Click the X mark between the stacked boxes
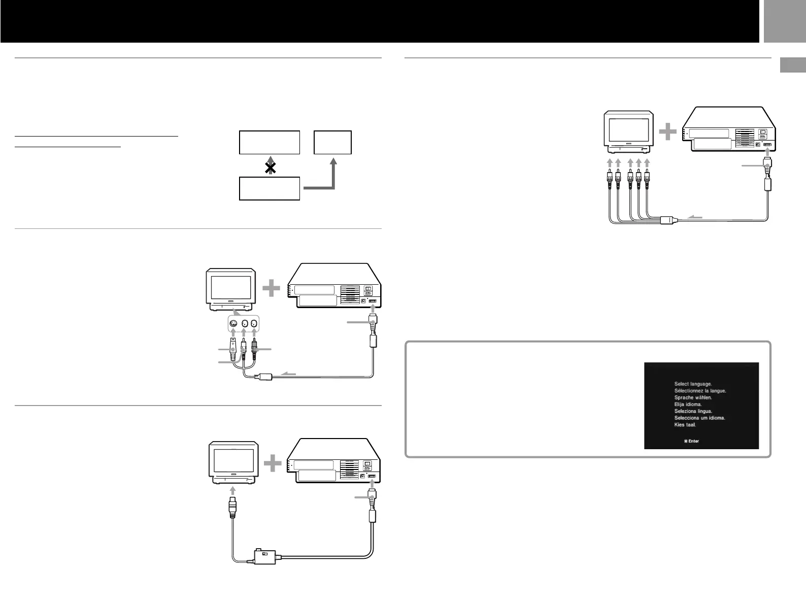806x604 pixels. [x=271, y=167]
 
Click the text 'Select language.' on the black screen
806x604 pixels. [x=693, y=384]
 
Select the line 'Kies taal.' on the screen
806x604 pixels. [x=685, y=424]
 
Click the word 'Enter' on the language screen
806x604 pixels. [x=693, y=441]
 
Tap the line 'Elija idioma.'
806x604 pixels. [x=688, y=404]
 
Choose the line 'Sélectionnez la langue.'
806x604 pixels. [x=700, y=391]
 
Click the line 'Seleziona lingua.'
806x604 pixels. [x=693, y=411]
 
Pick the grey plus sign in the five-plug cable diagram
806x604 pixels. [x=667, y=132]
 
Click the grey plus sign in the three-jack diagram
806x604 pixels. [x=272, y=289]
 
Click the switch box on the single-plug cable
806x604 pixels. [x=264, y=557]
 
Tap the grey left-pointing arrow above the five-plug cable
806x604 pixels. [x=694, y=217]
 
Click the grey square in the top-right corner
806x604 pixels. [x=783, y=21]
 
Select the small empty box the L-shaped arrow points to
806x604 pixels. [x=333, y=143]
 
